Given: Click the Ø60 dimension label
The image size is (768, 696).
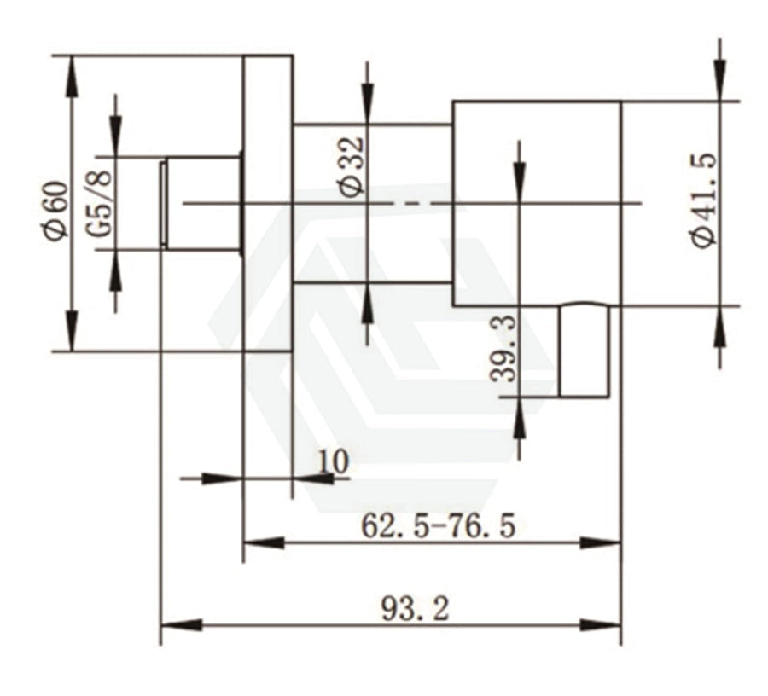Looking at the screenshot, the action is [55, 211].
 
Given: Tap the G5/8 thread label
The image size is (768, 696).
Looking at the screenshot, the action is [101, 203].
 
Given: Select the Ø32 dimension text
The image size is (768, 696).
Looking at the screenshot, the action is [353, 167].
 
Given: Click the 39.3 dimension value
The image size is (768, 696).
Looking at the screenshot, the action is [503, 349].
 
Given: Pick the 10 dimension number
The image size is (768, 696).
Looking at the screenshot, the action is [334, 461].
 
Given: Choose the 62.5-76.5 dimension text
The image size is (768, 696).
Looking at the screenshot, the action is [439, 526].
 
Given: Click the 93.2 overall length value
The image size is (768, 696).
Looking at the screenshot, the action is [415, 609].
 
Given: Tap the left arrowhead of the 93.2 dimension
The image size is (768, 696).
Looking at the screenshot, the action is [181, 625].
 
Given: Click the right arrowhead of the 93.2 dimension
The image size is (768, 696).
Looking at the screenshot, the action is [601, 625].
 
